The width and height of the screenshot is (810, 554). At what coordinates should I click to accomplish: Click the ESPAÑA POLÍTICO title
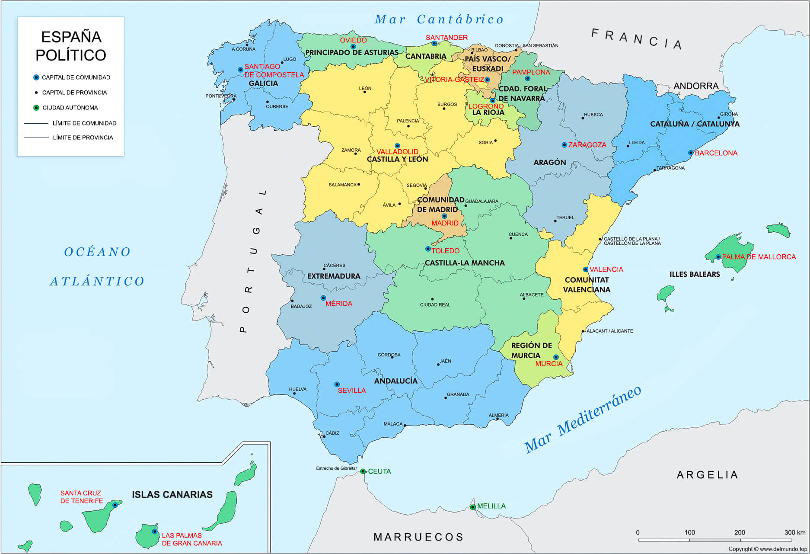[71, 46]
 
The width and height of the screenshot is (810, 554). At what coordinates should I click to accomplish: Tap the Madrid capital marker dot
[444, 216]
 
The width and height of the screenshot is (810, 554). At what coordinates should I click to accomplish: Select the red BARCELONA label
[716, 153]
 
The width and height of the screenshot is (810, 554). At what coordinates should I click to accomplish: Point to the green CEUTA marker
[363, 471]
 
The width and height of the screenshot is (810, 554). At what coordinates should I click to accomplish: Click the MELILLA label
[491, 506]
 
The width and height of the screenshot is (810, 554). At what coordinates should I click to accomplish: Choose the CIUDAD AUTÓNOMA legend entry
[70, 108]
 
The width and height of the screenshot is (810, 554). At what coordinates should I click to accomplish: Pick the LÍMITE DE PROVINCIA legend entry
[83, 138]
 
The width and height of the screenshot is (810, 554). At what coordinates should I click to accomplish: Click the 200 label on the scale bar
[740, 532]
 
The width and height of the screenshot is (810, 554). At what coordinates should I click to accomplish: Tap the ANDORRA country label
[696, 86]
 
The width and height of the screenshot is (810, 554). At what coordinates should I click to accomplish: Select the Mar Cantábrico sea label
[439, 19]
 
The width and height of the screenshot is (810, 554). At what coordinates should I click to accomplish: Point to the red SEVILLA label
[351, 391]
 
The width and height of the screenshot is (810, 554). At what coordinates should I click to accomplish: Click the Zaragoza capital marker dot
[564, 145]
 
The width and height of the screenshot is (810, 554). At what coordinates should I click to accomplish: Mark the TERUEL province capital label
[565, 218]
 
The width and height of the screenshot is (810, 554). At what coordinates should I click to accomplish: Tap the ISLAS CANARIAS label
[172, 495]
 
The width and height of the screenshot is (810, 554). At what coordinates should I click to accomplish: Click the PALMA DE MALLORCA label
[759, 257]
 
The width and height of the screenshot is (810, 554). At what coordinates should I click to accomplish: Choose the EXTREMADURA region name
[334, 276]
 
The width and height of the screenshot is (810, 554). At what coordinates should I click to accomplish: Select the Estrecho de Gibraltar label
[336, 468]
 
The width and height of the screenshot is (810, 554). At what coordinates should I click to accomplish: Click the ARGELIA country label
[707, 475]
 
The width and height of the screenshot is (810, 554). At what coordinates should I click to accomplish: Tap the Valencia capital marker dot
[586, 269]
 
